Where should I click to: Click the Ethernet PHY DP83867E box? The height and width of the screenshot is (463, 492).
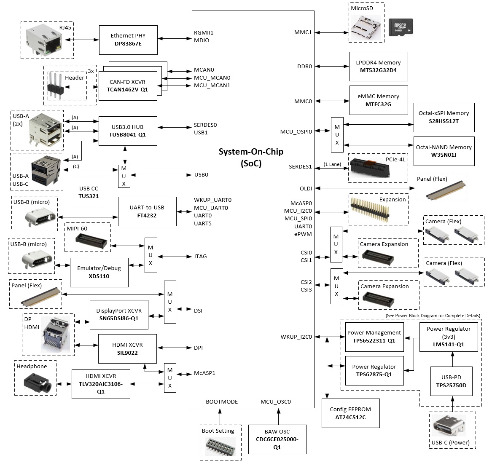[x=128, y=40]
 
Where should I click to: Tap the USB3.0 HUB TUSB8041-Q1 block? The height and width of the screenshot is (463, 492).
[x=127, y=131]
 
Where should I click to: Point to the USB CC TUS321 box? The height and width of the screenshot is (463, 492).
[x=89, y=192]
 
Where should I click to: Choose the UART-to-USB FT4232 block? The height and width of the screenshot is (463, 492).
[x=147, y=211]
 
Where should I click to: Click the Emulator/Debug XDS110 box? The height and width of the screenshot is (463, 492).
[x=99, y=272]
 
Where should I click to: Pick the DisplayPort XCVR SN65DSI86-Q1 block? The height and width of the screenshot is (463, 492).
[x=119, y=315]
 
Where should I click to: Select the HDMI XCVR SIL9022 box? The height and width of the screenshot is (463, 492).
[x=127, y=348]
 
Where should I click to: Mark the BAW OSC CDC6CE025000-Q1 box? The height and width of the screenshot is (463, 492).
[x=277, y=439]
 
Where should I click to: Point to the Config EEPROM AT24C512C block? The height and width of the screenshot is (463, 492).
[x=350, y=413]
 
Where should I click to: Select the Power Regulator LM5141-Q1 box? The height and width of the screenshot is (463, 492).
[x=449, y=336]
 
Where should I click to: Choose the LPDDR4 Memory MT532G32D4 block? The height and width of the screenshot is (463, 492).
[x=378, y=67]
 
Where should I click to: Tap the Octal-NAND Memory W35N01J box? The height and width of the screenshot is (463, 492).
[x=444, y=151]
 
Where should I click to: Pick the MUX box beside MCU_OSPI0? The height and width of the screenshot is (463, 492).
[x=337, y=135]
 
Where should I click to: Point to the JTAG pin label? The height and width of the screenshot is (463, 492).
[x=200, y=256]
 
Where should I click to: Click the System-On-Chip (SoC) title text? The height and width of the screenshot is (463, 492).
[x=251, y=157]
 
